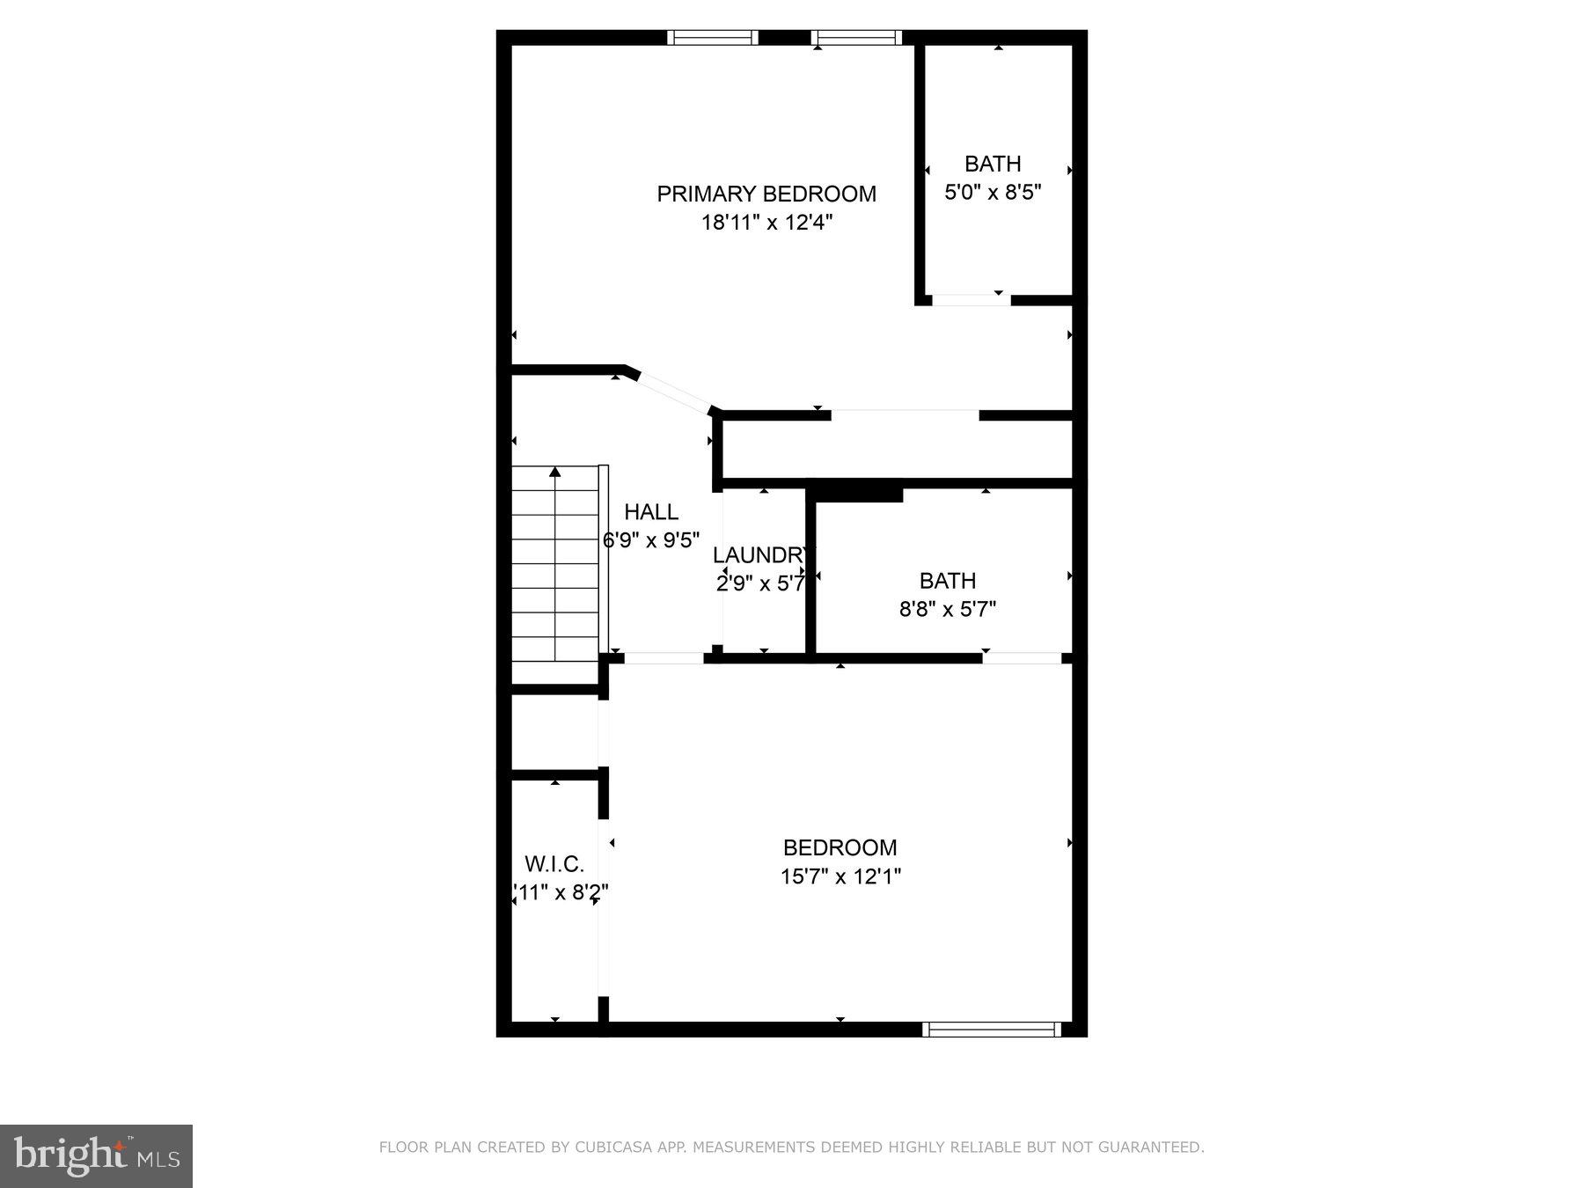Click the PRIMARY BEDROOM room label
coord(766,194)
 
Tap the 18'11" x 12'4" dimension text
coord(766,223)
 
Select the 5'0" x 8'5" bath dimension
coord(993,192)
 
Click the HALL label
coord(651,511)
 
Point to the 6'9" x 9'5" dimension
coord(651,540)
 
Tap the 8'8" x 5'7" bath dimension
coord(947,609)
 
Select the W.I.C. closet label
coord(554,863)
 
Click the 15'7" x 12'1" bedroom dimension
coord(840,876)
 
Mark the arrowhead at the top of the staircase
coord(555,473)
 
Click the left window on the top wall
coord(712,37)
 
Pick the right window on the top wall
coord(856,37)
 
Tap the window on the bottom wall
coord(992,1030)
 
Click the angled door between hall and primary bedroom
coord(673,392)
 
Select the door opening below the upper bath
coord(971,300)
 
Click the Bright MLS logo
coord(96,1156)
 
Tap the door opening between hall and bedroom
coord(664,657)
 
